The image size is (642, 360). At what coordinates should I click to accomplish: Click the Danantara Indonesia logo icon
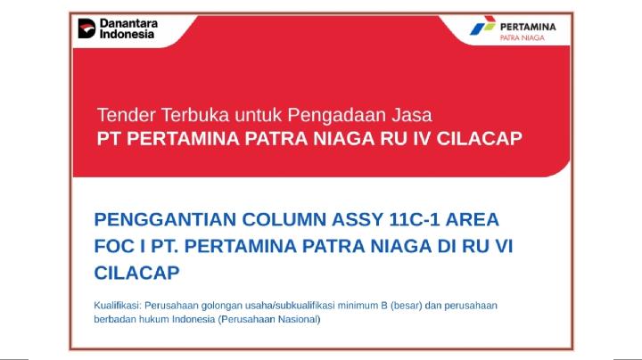coord(87,29)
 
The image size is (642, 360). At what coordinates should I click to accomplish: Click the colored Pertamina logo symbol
coord(482,28)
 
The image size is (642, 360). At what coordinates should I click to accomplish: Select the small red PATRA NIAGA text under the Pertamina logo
coord(523,38)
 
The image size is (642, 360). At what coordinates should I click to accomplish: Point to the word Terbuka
coord(193,115)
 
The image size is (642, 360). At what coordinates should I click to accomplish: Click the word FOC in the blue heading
coord(114,245)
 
